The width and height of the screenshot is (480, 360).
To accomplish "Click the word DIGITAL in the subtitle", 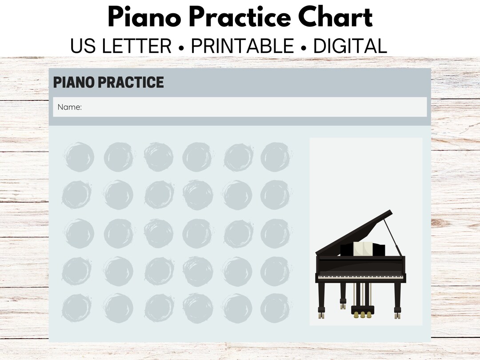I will coord(350,47).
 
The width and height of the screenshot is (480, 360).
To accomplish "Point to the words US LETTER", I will coord(121,47).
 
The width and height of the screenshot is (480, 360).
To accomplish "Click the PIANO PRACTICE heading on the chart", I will coord(108,82).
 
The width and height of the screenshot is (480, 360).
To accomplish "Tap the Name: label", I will coord(70,107).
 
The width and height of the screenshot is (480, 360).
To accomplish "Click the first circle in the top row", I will coord(79,157).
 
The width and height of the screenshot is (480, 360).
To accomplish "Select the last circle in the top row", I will coord(275,157).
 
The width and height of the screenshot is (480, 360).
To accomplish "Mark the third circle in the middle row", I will coord(159,233).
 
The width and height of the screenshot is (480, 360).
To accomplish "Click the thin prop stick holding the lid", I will coord(393,236).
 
